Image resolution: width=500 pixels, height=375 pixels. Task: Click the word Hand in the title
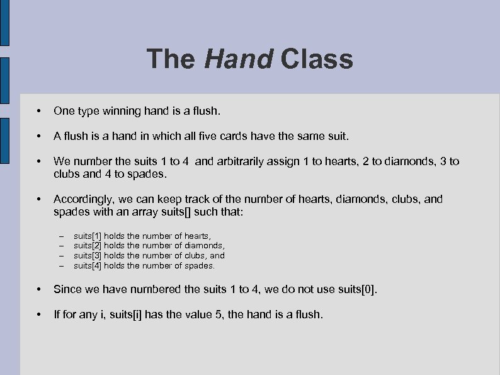pos(239,59)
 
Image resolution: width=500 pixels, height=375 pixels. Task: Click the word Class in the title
pos(317,59)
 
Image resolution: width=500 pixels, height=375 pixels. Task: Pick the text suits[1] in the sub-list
pos(88,235)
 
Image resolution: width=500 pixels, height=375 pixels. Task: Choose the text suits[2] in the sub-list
pos(88,245)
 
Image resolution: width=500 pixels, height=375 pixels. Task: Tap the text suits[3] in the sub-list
pos(88,255)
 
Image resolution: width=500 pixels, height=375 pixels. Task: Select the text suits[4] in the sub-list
pos(88,265)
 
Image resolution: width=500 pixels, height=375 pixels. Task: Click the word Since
pos(67,289)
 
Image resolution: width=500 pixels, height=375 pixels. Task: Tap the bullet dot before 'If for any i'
pos(40,314)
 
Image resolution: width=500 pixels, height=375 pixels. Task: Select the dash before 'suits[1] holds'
pos(62,236)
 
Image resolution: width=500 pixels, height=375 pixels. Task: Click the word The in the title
pos(171,59)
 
